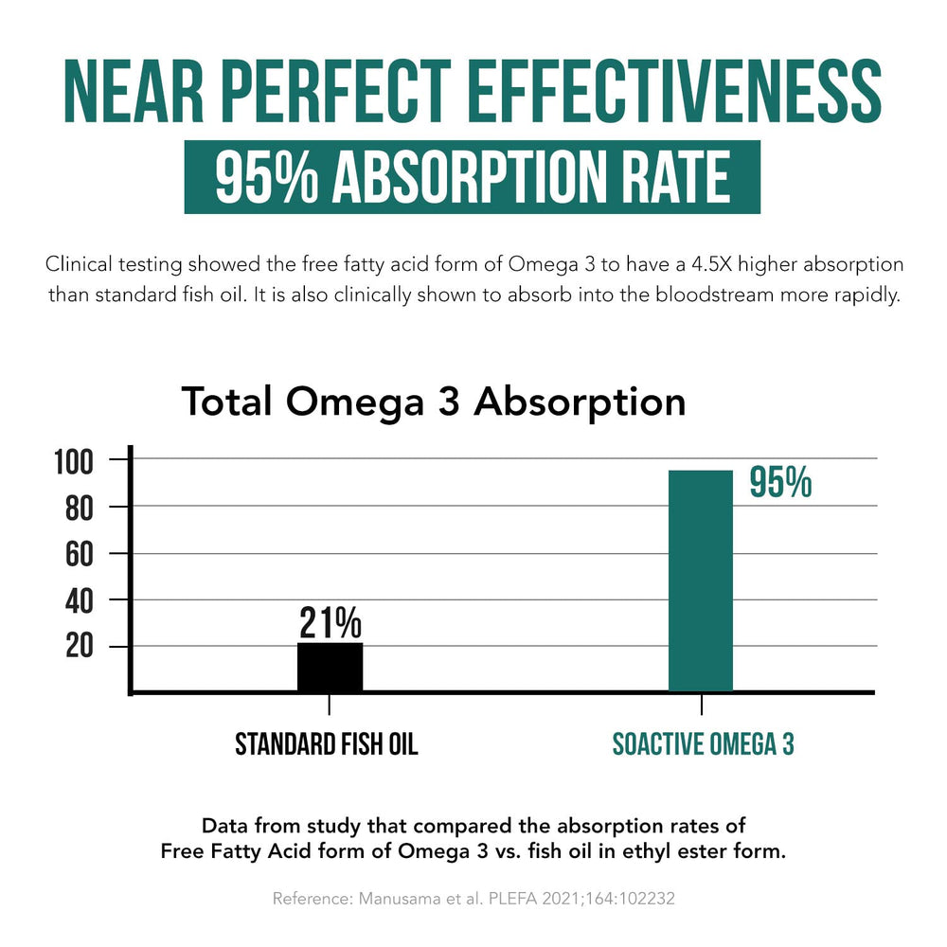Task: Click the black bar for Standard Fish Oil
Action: coord(330,668)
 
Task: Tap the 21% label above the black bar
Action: coord(331,623)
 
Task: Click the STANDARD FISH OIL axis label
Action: coord(327,744)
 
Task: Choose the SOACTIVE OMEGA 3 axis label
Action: coord(703,744)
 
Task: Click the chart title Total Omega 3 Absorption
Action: coord(433,402)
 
